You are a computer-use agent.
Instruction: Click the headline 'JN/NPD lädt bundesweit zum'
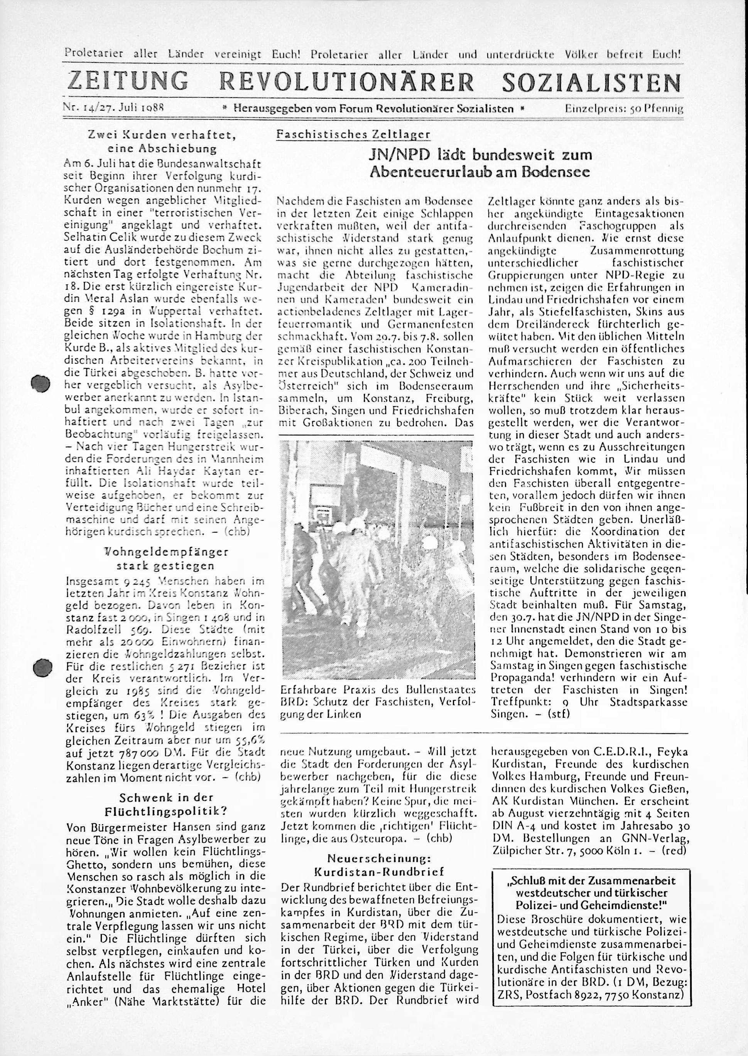(x=481, y=155)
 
